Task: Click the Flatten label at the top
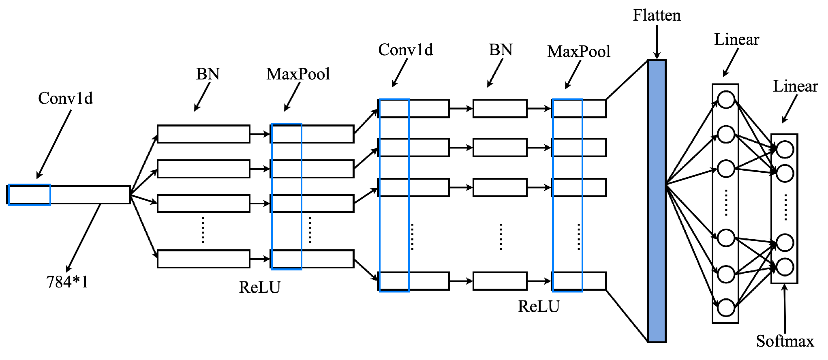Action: [657, 15]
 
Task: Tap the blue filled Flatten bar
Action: [657, 201]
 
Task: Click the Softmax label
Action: [785, 341]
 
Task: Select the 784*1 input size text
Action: [67, 282]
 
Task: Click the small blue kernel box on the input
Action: [29, 195]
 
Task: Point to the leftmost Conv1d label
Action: [65, 98]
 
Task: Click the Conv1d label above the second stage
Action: [405, 50]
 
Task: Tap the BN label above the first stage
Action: [208, 74]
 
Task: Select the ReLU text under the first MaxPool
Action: [260, 287]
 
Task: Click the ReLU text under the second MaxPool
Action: [539, 306]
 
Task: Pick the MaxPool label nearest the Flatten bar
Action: [578, 51]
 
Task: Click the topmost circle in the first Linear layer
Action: [726, 100]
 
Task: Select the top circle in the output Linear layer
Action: [785, 150]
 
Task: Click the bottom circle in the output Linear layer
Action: [785, 267]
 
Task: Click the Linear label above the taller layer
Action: [736, 39]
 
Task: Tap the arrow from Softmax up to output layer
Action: [785, 308]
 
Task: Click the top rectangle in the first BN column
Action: [203, 134]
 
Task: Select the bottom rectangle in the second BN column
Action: [500, 281]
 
